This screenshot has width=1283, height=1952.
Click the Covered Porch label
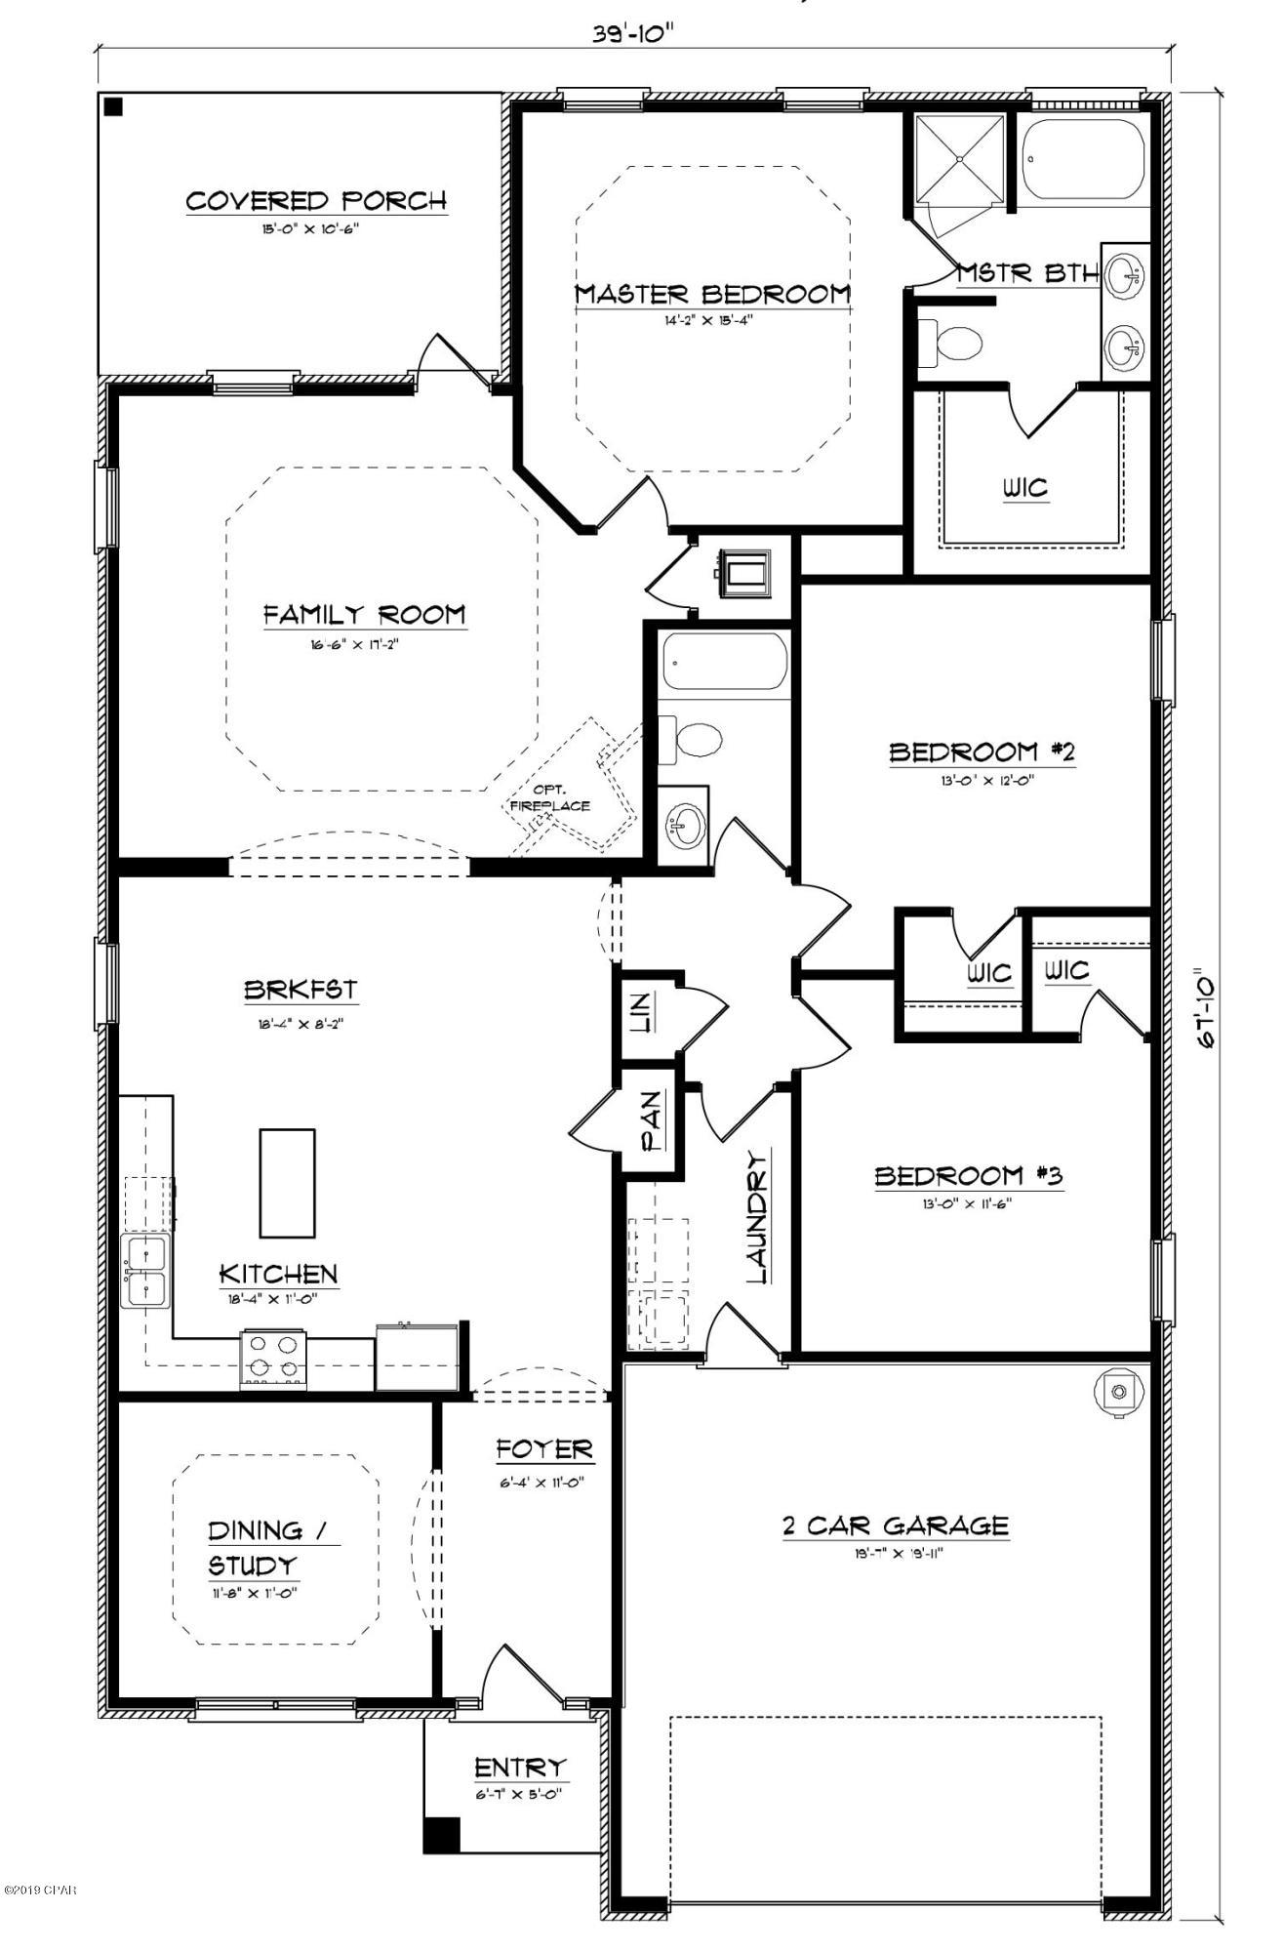pos(316,201)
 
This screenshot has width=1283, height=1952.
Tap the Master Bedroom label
pos(712,294)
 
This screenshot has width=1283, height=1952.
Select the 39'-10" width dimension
pos(633,32)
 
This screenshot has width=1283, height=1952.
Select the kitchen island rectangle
pos(287,1183)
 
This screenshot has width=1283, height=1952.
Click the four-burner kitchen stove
pos(274,1359)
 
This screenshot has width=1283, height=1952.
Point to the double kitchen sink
pos(144,1271)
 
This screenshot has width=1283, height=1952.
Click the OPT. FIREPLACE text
pos(549,798)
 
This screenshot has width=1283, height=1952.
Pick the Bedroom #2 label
pos(982,752)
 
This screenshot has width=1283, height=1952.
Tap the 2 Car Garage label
pos(895,1525)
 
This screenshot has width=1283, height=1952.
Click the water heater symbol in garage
pos(1119,1391)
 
